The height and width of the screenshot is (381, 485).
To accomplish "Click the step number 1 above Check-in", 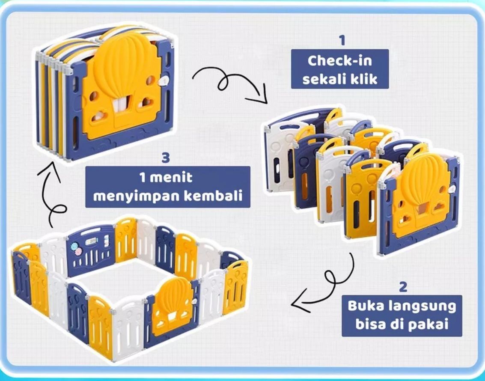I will coord(341,41).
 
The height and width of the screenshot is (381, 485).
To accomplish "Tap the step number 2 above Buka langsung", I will coord(402,287).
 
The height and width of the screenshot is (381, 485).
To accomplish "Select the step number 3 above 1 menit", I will coord(166,158).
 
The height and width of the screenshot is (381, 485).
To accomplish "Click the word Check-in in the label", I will coord(340,60).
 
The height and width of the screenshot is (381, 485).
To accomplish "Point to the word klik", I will coord(363,79).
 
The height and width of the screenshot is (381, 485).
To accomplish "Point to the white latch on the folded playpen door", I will coord(164,80).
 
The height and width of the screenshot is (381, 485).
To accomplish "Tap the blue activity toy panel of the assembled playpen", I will coord(90,250).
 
